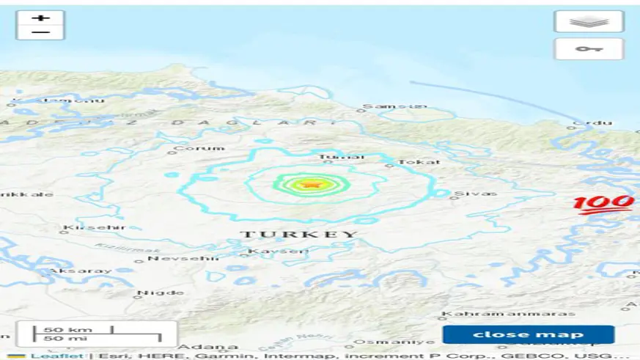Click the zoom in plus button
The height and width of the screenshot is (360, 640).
pos(40,17)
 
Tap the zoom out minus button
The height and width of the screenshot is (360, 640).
pos(40,32)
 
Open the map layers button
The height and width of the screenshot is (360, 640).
pos(589,21)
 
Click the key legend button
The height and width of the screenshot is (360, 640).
pos(589,49)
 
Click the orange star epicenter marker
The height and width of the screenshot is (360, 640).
pos(312,184)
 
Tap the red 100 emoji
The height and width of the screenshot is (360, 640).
pos(603,204)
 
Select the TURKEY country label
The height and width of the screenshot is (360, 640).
pos(299,235)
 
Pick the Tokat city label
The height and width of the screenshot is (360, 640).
pos(419,162)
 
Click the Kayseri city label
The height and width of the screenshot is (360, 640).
pos(269,251)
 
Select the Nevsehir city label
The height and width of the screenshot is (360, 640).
pos(174,258)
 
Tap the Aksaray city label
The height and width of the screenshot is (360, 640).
pos(70,271)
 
